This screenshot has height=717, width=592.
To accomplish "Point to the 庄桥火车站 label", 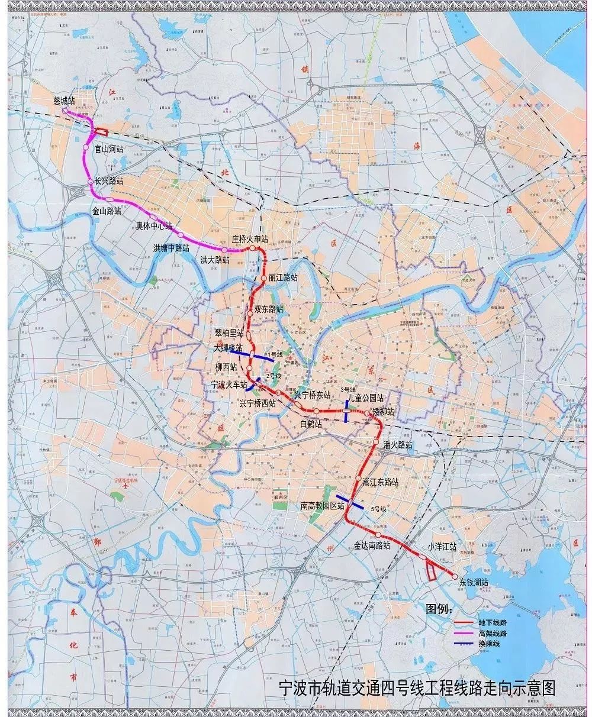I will [250, 239].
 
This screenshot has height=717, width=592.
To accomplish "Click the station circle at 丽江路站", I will [264, 277].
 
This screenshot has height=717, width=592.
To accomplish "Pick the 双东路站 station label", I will [269, 309].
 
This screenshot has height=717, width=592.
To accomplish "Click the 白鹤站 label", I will [311, 424].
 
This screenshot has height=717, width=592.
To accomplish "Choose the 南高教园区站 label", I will [322, 506].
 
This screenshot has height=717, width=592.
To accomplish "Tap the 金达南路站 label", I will [372, 545].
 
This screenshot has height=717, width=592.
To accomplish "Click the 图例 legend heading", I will [439, 609].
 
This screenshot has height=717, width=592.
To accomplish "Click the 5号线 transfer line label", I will [378, 509].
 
